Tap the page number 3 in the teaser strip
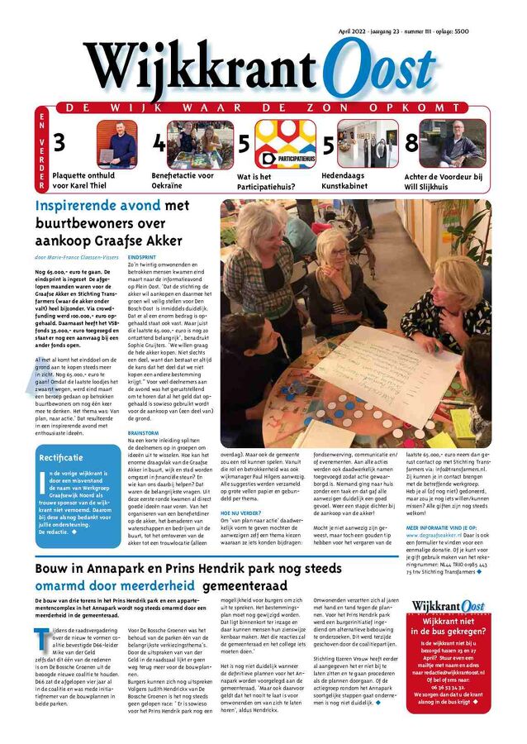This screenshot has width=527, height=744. (x=59, y=143)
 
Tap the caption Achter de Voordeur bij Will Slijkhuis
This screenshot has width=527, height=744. (x=444, y=181)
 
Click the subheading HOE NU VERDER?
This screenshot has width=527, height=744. (x=239, y=513)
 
